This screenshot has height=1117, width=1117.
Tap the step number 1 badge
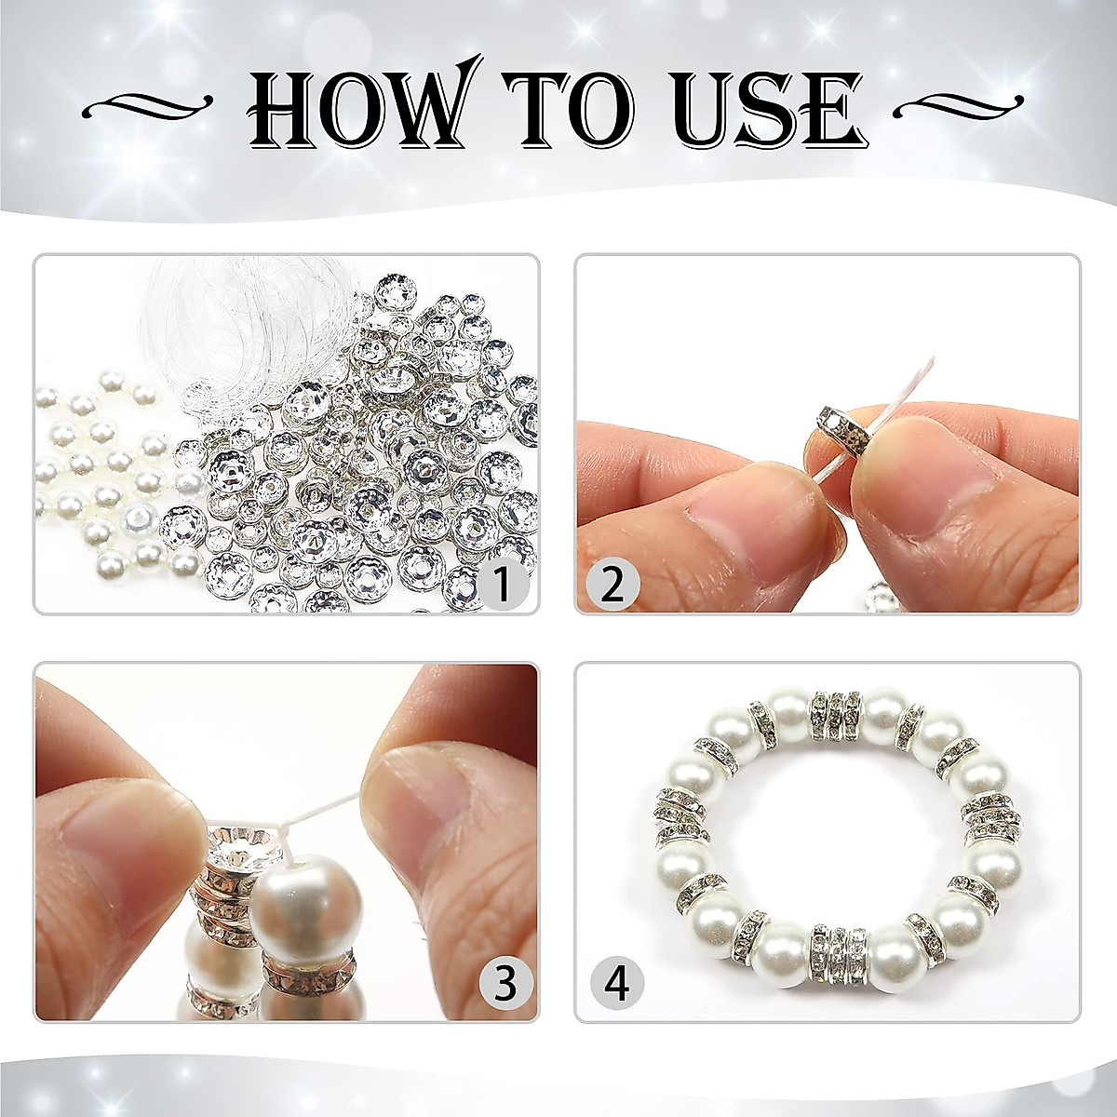tap(502, 585)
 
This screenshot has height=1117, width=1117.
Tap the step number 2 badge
tap(612, 585)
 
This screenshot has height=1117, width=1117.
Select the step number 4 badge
tap(617, 983)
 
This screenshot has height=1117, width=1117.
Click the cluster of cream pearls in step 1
tap(102, 475)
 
